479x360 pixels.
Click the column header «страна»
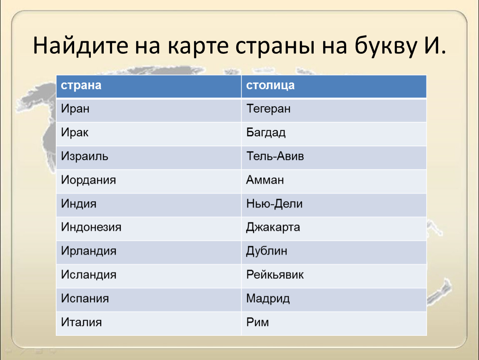point(81,85)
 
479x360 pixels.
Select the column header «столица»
point(270,85)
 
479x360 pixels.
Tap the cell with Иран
point(75,109)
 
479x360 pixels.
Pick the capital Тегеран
point(268,109)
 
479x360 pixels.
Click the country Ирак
point(75,132)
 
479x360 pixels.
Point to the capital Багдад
point(266,132)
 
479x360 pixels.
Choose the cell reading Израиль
point(84,156)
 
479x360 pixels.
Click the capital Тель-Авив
point(275,156)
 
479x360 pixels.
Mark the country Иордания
point(88,180)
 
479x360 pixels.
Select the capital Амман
point(265,180)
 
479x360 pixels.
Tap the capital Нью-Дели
point(274,203)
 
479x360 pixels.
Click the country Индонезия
point(91,227)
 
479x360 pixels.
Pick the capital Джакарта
point(273,227)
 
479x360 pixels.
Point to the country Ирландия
point(89,251)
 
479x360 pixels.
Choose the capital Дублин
point(267,251)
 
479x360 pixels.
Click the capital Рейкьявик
point(275,275)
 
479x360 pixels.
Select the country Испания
point(85,299)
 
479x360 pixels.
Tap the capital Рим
point(257,322)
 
